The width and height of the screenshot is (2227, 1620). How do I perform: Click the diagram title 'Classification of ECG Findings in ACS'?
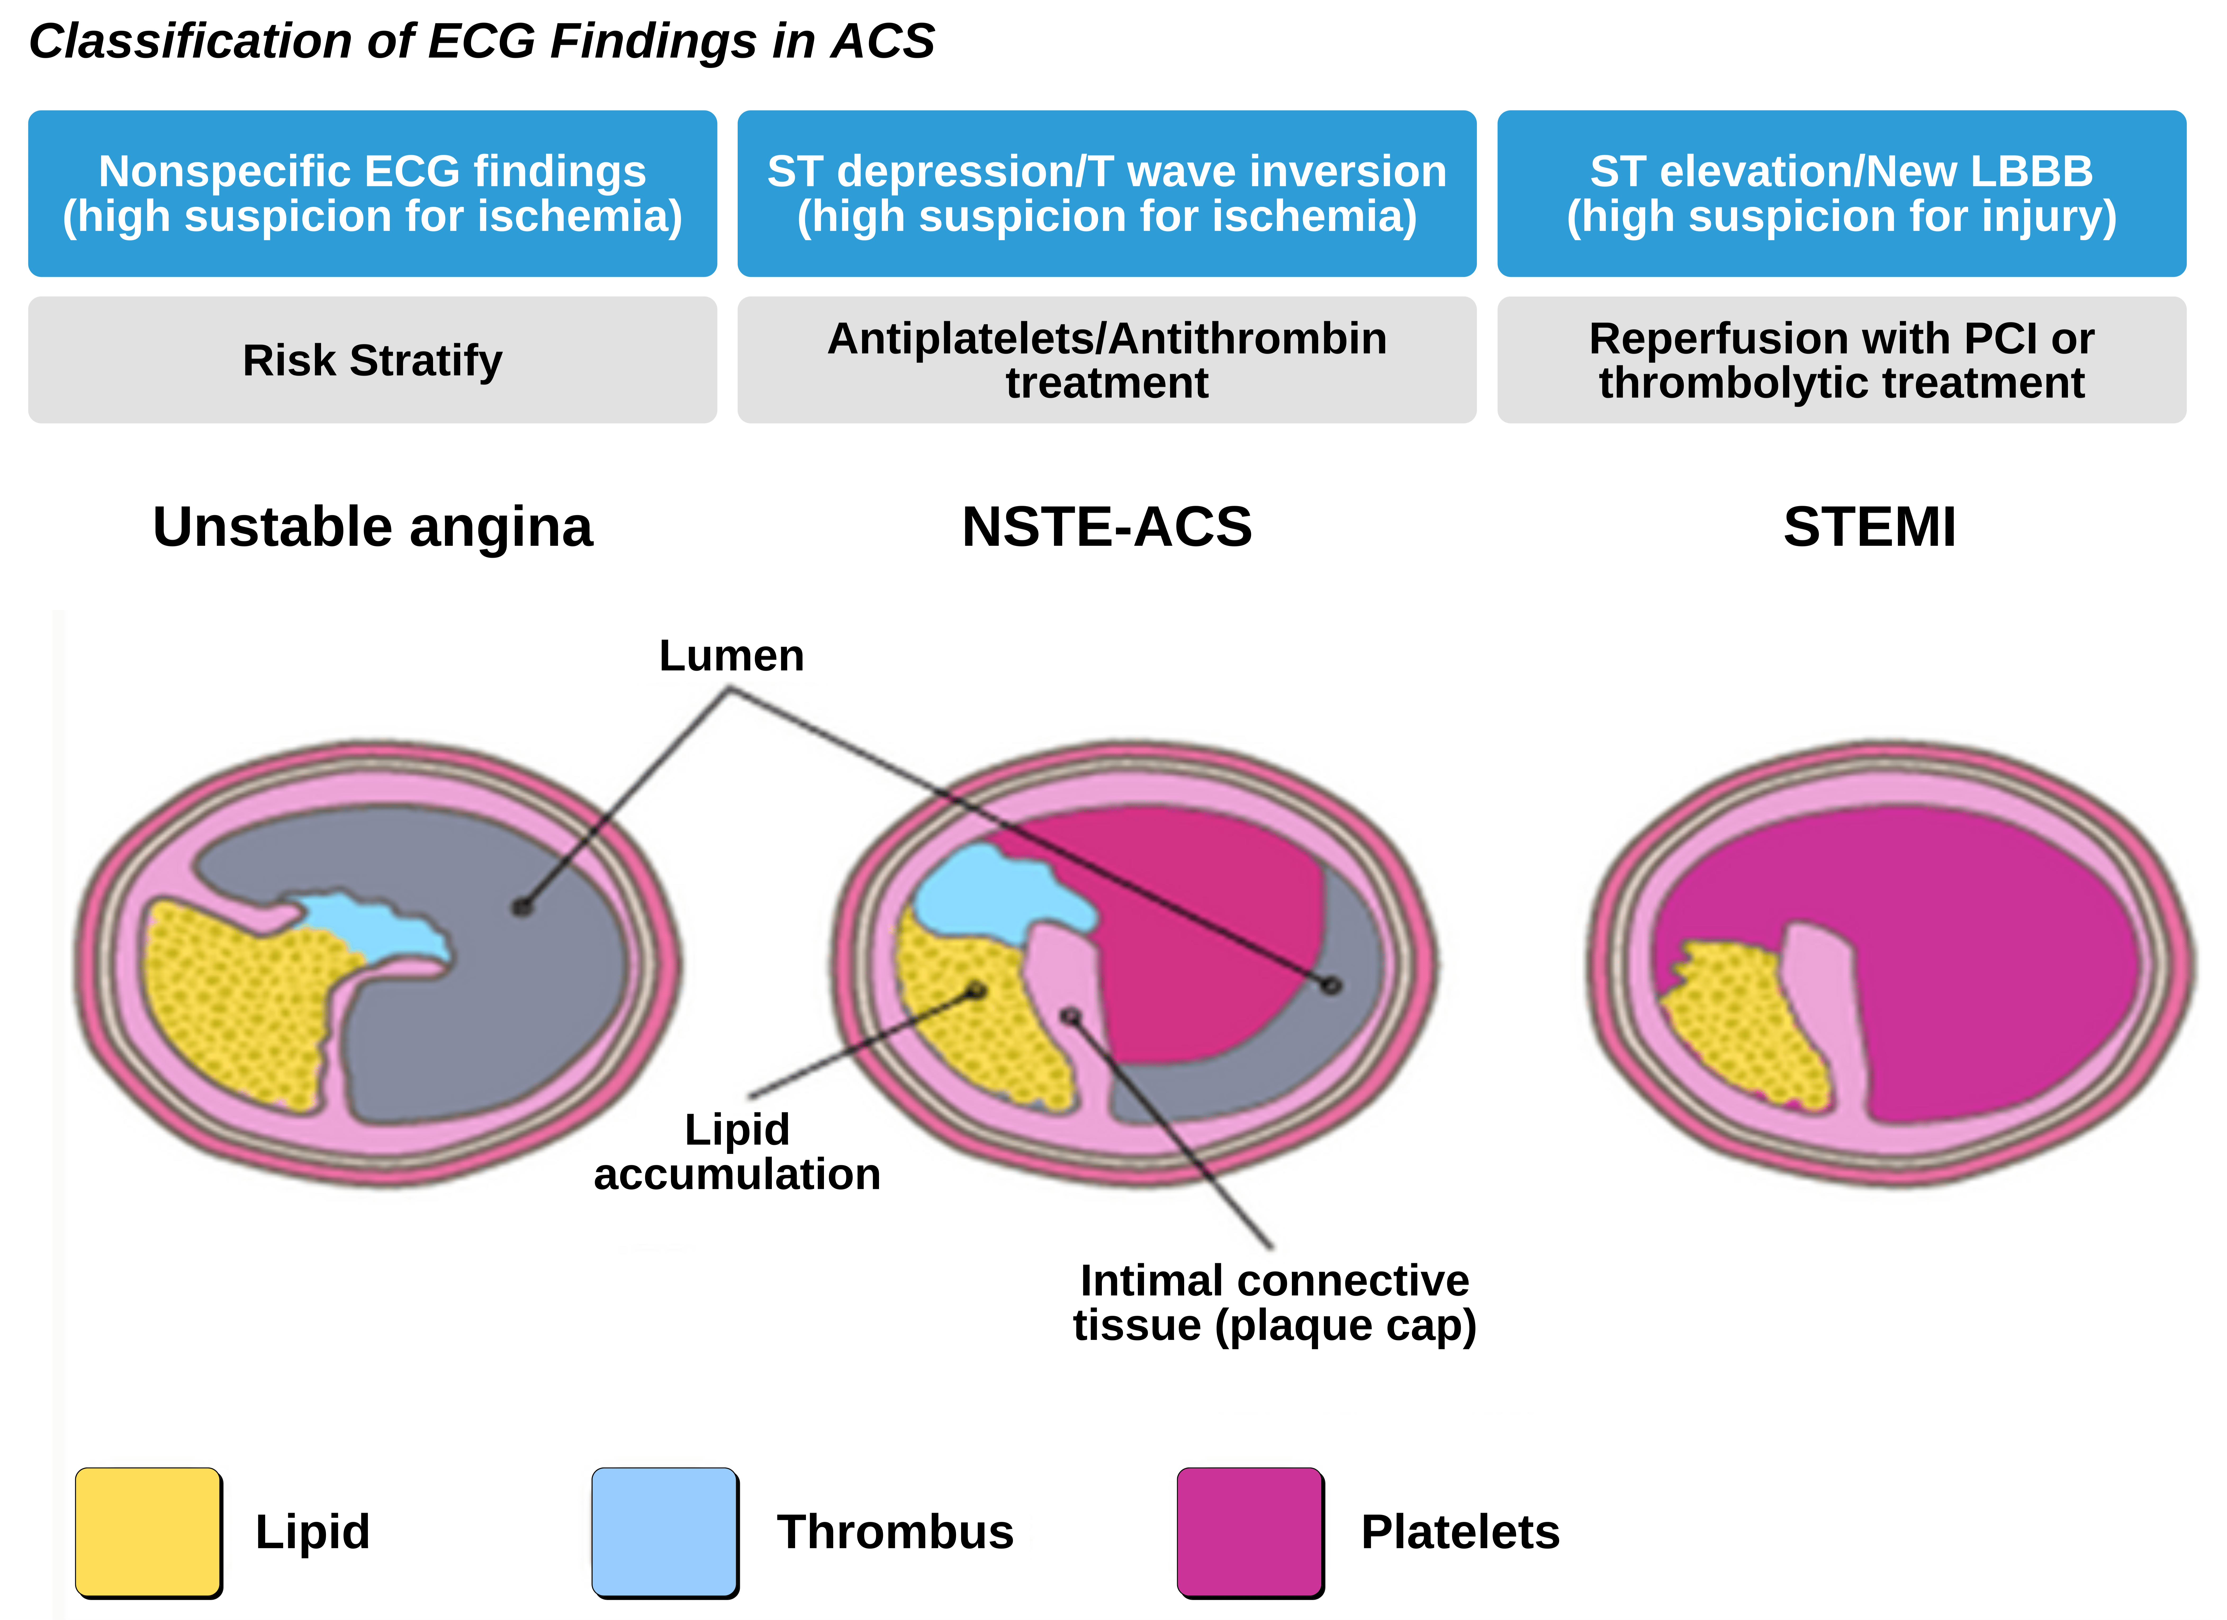481,41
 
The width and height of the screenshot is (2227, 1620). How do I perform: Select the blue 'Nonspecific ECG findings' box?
372,193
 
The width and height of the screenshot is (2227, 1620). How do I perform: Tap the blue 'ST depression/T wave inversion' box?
1107,193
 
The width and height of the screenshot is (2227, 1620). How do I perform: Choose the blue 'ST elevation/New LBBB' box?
1841,193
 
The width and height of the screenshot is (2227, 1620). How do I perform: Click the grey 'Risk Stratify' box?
372,360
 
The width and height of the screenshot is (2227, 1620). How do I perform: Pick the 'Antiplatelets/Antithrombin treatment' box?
1107,360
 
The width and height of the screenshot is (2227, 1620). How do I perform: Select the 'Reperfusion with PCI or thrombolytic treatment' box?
1841,360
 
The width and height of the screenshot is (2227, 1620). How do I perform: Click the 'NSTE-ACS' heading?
1107,527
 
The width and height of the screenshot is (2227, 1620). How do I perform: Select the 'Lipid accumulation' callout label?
736,1152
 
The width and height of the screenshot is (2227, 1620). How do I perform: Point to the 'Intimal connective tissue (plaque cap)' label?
1274,1303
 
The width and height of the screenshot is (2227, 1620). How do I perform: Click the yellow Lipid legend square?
148,1532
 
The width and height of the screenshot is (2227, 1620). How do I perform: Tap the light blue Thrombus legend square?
665,1532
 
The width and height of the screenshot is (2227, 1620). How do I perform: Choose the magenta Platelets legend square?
1250,1532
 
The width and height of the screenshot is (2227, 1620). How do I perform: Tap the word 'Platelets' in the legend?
1460,1532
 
